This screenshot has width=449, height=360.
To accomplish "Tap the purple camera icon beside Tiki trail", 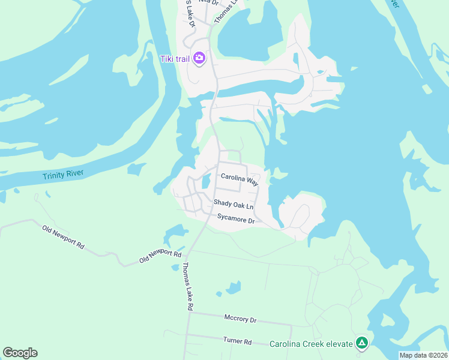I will (x=199, y=58).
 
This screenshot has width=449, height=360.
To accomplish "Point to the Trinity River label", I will (x=62, y=175).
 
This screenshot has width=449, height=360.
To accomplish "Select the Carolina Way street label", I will (x=239, y=178).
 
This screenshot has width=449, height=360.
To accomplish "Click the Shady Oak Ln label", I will (x=234, y=204).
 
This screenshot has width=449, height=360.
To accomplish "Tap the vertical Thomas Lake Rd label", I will (x=187, y=286).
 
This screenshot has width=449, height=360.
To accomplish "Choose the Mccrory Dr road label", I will (x=240, y=319).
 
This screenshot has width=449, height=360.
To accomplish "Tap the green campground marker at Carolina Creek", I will (x=361, y=343).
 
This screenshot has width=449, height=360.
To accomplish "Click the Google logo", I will (x=20, y=353).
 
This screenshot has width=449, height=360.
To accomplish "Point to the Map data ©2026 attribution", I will (x=423, y=355).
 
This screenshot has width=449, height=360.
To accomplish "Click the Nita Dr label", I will (x=208, y=3).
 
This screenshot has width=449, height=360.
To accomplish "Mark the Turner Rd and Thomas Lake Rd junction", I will (x=188, y=334).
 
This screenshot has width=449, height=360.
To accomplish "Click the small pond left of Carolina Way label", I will (x=206, y=180).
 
